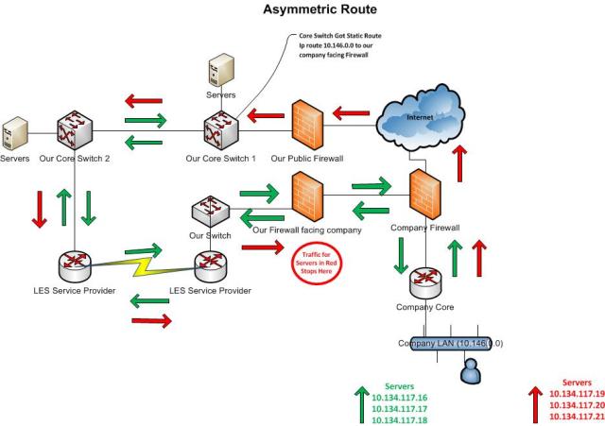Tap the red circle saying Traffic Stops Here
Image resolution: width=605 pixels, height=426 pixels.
click(x=313, y=258)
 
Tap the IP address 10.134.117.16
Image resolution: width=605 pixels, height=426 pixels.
click(x=407, y=399)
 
